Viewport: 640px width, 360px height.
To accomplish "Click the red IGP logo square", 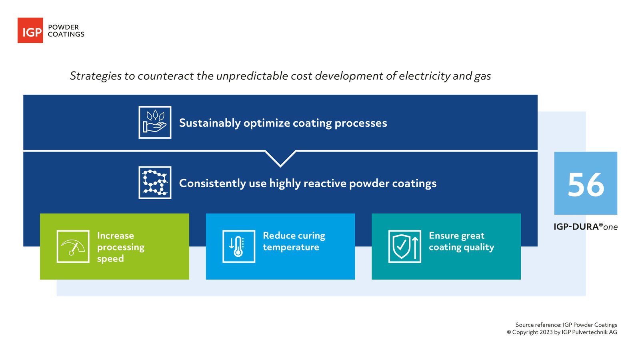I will pyautogui.click(x=30, y=30).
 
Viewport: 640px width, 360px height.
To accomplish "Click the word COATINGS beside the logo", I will pyautogui.click(x=66, y=34).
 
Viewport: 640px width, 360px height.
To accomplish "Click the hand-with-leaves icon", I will pyautogui.click(x=155, y=122).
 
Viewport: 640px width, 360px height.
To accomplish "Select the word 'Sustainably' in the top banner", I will pyautogui.click(x=210, y=123).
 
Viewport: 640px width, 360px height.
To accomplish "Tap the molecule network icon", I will pyautogui.click(x=155, y=182).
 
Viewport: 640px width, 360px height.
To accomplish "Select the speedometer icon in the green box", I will pyautogui.click(x=73, y=246).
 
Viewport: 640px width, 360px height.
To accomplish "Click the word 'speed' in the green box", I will pyautogui.click(x=110, y=259).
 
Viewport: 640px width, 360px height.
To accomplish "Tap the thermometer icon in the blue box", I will pyautogui.click(x=239, y=246).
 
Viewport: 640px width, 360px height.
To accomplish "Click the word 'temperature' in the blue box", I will pyautogui.click(x=291, y=247).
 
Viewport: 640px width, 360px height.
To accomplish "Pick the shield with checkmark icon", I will pyautogui.click(x=402, y=246).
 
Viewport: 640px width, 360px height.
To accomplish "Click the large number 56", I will pyautogui.click(x=586, y=184).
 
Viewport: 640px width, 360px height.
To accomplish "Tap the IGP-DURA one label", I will pyautogui.click(x=585, y=227).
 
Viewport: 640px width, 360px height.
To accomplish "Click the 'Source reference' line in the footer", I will pyautogui.click(x=566, y=325).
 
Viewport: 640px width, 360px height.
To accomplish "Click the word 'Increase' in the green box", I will pyautogui.click(x=115, y=236).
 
